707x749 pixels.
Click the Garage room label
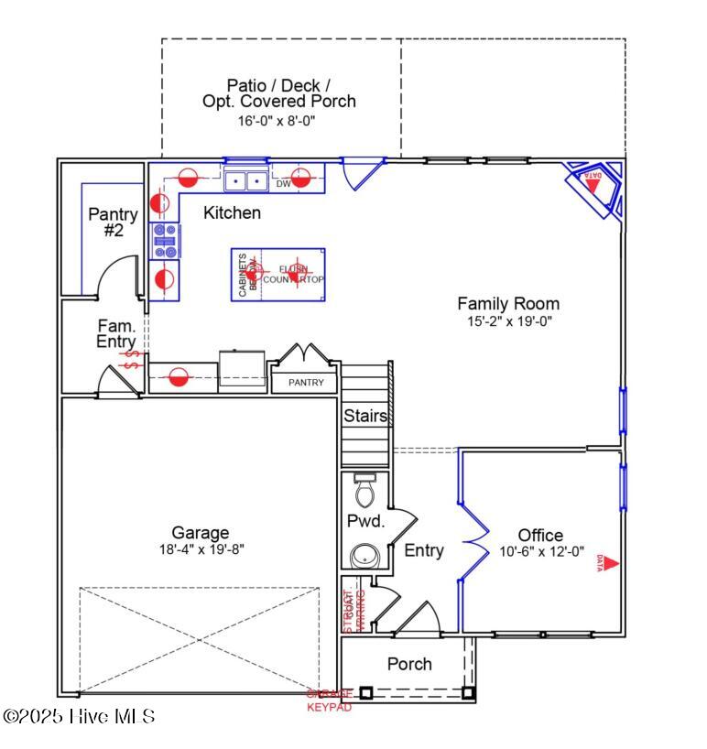(x=200, y=533)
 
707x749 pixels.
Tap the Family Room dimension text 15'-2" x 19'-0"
(x=508, y=321)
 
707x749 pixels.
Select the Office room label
(x=540, y=536)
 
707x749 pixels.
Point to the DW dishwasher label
(x=283, y=184)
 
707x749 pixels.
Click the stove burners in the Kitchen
(x=165, y=240)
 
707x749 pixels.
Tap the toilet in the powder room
(x=364, y=492)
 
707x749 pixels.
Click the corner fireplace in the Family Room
(x=595, y=189)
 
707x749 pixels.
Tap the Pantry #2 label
(x=113, y=223)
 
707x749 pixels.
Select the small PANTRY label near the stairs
(x=306, y=382)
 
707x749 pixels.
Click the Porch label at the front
(x=409, y=664)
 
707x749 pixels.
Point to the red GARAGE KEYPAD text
(x=329, y=701)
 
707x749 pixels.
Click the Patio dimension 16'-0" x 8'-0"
(x=278, y=120)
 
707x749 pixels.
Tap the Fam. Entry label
(x=116, y=334)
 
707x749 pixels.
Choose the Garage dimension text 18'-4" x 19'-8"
(x=200, y=549)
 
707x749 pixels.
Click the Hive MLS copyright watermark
(x=79, y=716)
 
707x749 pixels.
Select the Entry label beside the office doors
(x=424, y=550)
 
